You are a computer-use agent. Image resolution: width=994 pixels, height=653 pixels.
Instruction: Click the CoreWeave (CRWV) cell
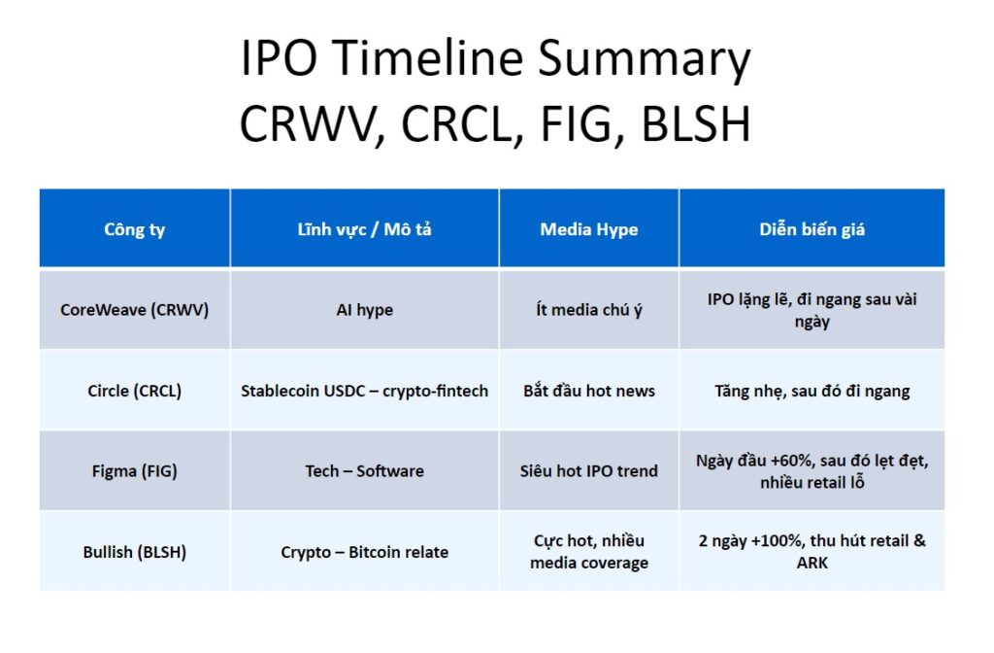(x=134, y=310)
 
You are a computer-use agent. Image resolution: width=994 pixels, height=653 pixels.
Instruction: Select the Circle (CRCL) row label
(x=134, y=391)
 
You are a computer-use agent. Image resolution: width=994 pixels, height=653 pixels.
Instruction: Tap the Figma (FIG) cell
(x=134, y=471)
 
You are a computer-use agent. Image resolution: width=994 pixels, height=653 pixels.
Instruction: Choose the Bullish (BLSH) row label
(x=134, y=552)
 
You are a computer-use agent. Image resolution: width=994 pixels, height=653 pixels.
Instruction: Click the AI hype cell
(x=365, y=310)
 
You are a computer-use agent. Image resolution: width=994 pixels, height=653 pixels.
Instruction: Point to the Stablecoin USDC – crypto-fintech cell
(x=365, y=391)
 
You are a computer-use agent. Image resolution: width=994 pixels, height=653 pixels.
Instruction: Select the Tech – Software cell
(x=365, y=471)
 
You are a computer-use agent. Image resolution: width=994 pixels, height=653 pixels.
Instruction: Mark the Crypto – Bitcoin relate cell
(x=365, y=552)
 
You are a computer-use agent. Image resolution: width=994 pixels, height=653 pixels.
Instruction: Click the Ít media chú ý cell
(x=589, y=310)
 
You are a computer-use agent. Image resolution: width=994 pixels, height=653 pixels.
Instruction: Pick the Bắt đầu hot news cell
(x=589, y=391)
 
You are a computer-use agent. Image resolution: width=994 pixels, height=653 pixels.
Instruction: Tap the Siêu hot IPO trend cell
(x=589, y=471)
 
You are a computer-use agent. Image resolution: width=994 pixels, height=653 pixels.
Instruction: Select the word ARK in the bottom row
(x=812, y=563)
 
